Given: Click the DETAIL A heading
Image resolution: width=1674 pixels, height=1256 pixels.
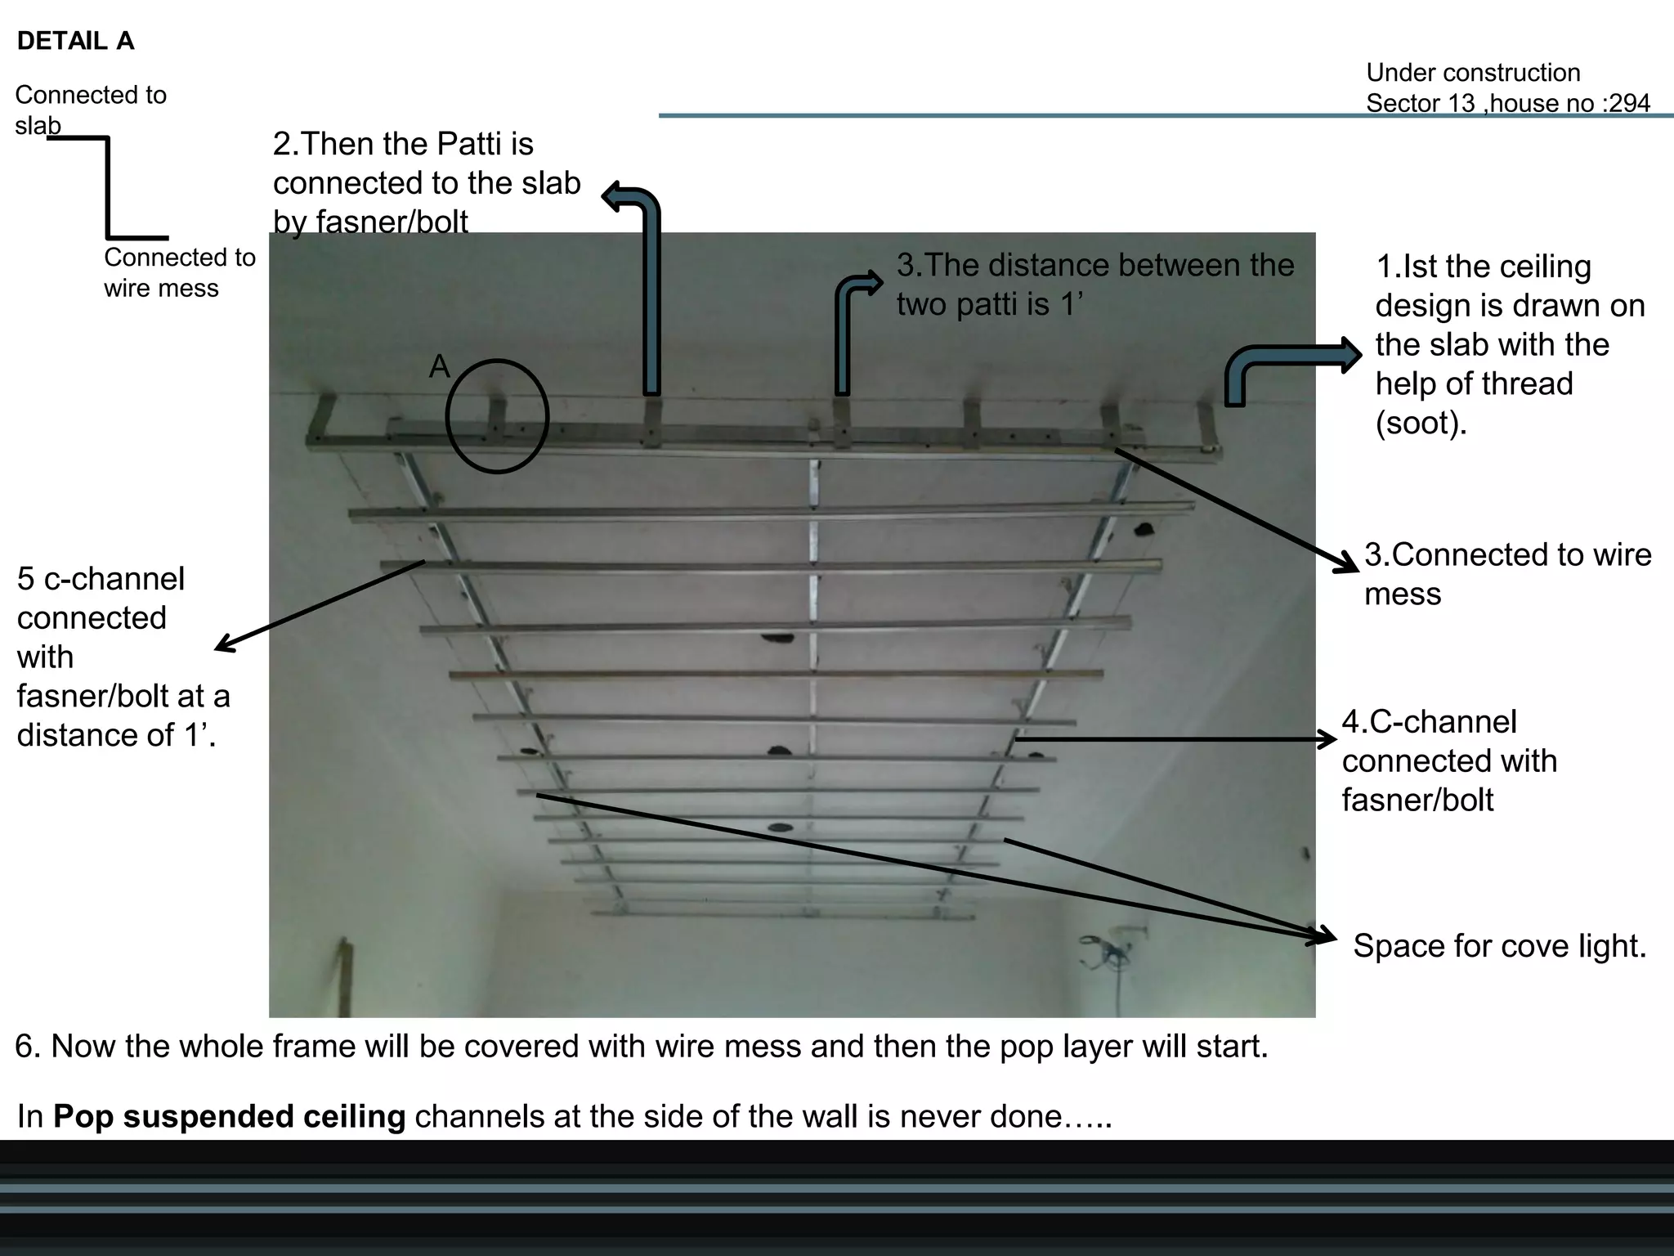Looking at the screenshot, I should pos(75,41).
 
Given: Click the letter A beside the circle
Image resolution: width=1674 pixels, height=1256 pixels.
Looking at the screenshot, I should pos(440,366).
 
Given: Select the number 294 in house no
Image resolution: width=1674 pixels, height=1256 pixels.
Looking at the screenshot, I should pos(1630,104).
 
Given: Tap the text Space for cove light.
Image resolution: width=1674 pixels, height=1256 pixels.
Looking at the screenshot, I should pos(1499,946).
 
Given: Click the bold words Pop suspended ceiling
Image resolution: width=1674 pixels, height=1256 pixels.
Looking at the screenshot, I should pos(229,1116).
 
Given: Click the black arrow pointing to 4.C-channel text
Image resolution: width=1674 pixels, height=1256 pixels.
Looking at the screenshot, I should pos(1177,739).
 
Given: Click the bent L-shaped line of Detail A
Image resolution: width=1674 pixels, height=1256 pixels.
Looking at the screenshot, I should pos(108,188).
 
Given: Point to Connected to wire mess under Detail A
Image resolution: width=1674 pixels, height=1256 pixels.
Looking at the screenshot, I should pos(179,273).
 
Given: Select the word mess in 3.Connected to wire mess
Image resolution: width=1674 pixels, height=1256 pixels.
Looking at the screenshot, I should pos(1402,594).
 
